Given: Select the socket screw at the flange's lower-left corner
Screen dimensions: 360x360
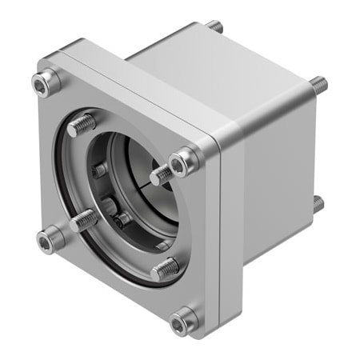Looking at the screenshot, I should [x=50, y=237].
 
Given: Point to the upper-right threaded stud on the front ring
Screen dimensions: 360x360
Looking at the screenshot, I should [x=162, y=172].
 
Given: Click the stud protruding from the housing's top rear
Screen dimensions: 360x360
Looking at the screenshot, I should [x=215, y=27].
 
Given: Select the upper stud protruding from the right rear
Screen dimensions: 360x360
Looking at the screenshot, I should [x=318, y=82].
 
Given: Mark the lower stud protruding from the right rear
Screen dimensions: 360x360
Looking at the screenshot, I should [x=318, y=204].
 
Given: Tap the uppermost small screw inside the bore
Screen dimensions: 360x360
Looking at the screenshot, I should [x=100, y=170].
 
